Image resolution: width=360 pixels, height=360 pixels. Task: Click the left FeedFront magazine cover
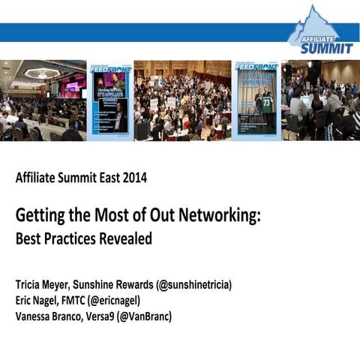[110, 100]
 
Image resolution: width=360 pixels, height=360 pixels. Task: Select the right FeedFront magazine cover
[256, 100]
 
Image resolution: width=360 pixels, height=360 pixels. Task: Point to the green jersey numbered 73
[266, 103]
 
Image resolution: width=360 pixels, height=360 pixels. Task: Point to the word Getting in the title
[41, 217]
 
